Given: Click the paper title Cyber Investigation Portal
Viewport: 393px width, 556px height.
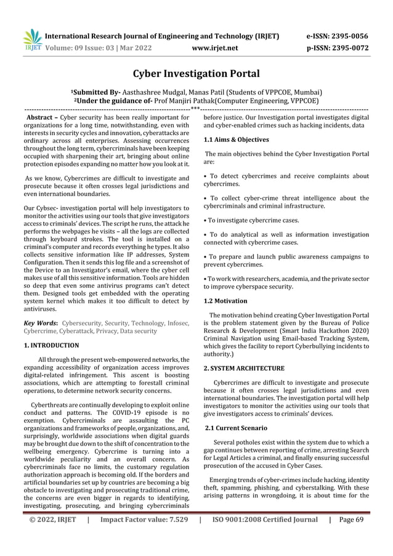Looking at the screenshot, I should [197, 75].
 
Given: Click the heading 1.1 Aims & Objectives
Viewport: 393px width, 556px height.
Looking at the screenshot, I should [237, 140].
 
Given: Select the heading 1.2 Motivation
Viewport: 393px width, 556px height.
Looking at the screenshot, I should [225, 301].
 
